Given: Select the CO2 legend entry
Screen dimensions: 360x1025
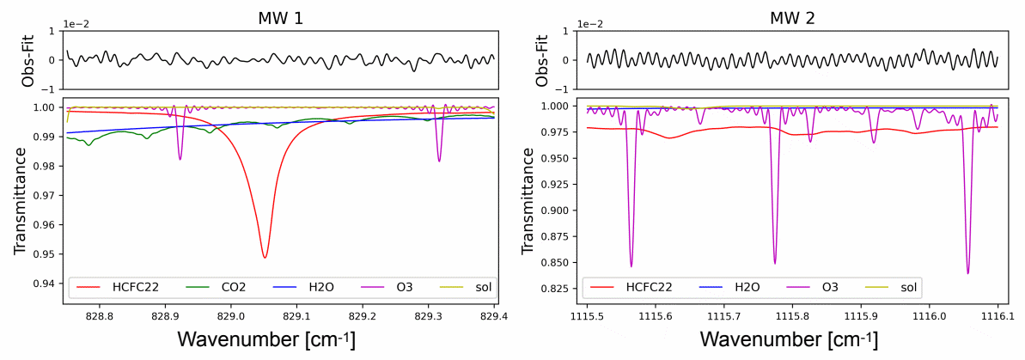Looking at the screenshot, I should click(223, 286).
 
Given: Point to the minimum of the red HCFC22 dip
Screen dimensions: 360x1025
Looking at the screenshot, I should click(265, 258).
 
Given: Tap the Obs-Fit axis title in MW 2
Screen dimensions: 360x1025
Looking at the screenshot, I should click(541, 60).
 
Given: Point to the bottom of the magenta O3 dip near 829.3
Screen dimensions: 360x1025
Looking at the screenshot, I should click(439, 162).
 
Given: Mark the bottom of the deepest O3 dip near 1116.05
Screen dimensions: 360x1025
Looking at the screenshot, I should click(968, 273).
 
